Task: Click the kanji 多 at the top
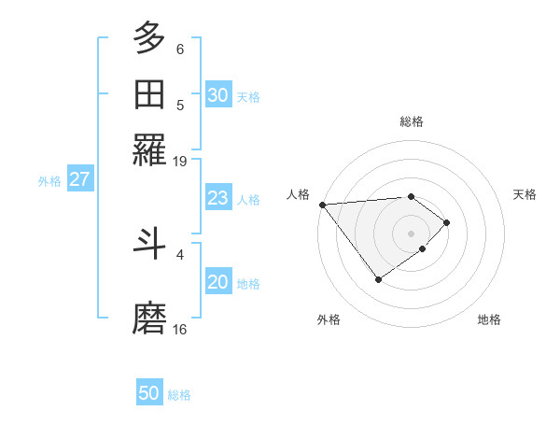149,38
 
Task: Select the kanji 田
149,94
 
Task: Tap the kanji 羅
149,150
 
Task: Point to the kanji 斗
149,244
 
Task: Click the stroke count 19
180,161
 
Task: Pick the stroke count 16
180,329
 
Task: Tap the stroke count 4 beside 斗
180,253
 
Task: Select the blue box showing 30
217,95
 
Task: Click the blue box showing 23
217,198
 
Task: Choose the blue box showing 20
217,283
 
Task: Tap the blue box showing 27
78,179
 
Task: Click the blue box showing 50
149,393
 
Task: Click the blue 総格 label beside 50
179,395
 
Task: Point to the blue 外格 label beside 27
49,181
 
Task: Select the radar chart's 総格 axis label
412,121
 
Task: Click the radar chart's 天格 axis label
525,194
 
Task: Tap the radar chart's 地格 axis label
489,319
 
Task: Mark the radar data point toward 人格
321,205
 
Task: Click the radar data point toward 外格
378,279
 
